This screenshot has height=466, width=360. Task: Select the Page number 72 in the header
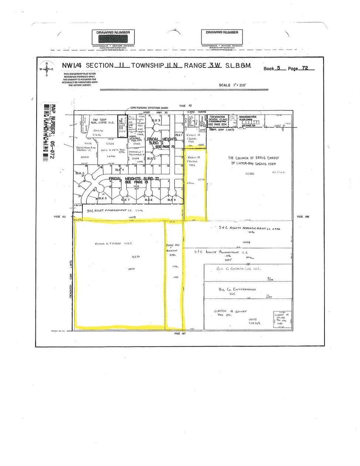305,68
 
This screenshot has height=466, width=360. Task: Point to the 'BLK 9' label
170,200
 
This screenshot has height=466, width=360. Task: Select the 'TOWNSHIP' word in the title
147,65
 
